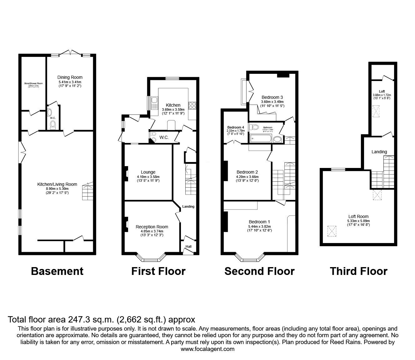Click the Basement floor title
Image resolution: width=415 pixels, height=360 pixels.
pyautogui.click(x=57, y=271)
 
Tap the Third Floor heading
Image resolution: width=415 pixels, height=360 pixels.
pyautogui.click(x=358, y=271)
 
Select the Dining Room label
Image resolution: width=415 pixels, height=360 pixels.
pyautogui.click(x=70, y=77)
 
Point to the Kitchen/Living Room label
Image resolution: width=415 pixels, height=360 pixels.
pyautogui.click(x=57, y=184)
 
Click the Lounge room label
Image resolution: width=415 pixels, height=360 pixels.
pyautogui.click(x=148, y=172)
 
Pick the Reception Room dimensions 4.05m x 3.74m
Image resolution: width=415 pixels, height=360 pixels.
pyautogui.click(x=152, y=231)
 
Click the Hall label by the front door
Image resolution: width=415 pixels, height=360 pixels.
pyautogui.click(x=188, y=247)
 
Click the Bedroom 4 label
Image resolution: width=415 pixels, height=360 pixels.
pyautogui.click(x=236, y=127)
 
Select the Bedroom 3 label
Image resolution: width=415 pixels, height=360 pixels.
pyautogui.click(x=272, y=97)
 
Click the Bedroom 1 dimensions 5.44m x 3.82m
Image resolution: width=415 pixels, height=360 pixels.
pyautogui.click(x=259, y=226)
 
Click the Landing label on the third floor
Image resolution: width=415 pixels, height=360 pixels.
pyautogui.click(x=379, y=152)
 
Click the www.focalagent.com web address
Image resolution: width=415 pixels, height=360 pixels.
pyautogui.click(x=207, y=349)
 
